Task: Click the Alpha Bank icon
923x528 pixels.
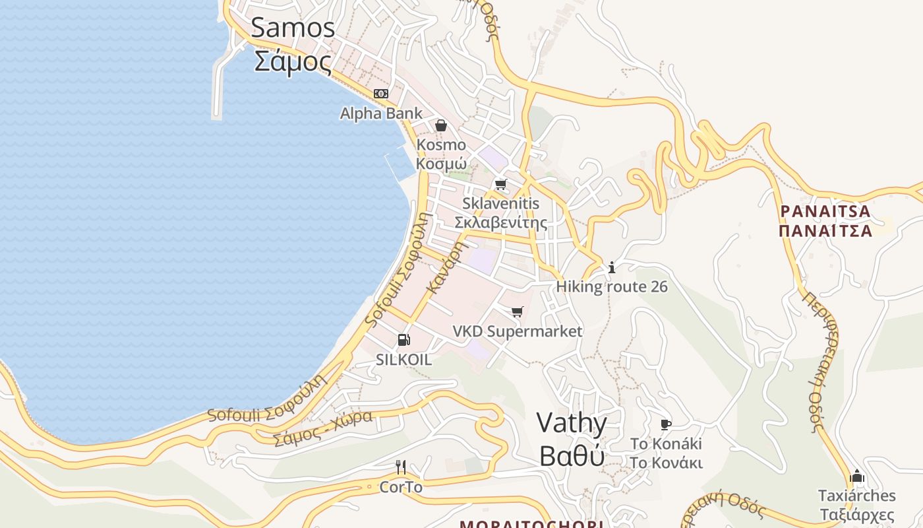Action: pos(381,94)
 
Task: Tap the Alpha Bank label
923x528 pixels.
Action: pos(381,114)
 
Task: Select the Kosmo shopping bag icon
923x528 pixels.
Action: pos(441,125)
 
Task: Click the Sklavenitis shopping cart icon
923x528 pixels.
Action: pos(501,184)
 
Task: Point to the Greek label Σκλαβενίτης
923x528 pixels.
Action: pos(501,222)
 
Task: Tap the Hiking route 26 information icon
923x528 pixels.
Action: pos(612,267)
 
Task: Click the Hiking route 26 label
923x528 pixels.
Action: pos(612,286)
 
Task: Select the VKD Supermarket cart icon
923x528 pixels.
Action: pos(518,312)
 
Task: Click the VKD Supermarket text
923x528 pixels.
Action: pos(518,331)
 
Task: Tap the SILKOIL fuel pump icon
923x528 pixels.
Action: pos(403,341)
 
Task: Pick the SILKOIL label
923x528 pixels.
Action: pos(403,360)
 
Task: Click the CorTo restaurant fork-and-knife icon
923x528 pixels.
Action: pos(401,467)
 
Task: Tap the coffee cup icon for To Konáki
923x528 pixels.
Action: pos(666,424)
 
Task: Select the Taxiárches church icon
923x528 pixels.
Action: pos(857,476)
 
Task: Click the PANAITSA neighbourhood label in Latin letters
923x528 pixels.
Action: pos(825,212)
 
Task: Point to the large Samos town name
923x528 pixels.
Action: pos(293,28)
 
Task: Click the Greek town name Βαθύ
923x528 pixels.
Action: pos(572,456)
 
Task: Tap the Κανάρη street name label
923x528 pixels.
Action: pos(446,267)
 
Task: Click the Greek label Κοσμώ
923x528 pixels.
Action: pos(441,164)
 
